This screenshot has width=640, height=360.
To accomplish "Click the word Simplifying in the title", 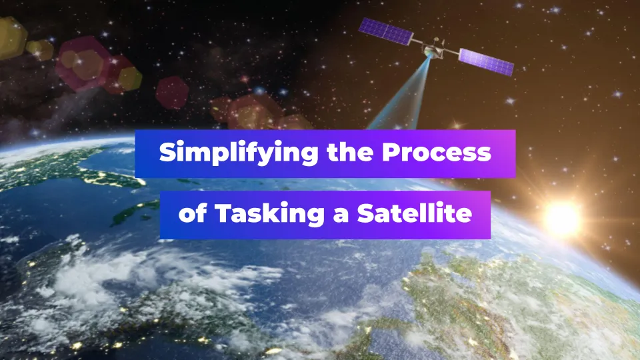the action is click(x=239, y=153).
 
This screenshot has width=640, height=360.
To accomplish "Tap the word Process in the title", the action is click(x=436, y=152).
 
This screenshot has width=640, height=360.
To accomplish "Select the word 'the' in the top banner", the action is click(x=350, y=151).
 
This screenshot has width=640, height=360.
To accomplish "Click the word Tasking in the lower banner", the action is click(x=269, y=213).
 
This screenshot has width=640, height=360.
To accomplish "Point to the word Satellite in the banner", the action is click(x=415, y=213).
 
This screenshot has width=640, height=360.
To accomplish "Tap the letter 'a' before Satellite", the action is click(x=341, y=215).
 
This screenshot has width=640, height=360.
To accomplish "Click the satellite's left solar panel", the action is click(x=386, y=31).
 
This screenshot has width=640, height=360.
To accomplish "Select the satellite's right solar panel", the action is click(x=486, y=62).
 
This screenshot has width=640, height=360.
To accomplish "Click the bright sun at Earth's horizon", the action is click(x=562, y=219).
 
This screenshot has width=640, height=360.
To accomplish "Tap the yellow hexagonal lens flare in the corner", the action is click(x=11, y=38).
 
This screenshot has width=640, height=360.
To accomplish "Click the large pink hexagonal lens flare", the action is click(x=81, y=63).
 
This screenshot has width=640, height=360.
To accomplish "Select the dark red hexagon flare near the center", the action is click(x=172, y=93).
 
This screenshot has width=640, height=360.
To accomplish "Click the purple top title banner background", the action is click(x=325, y=153).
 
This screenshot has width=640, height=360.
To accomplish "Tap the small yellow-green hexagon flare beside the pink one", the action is click(x=130, y=79).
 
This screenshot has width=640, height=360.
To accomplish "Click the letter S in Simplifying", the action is click(x=167, y=152).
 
